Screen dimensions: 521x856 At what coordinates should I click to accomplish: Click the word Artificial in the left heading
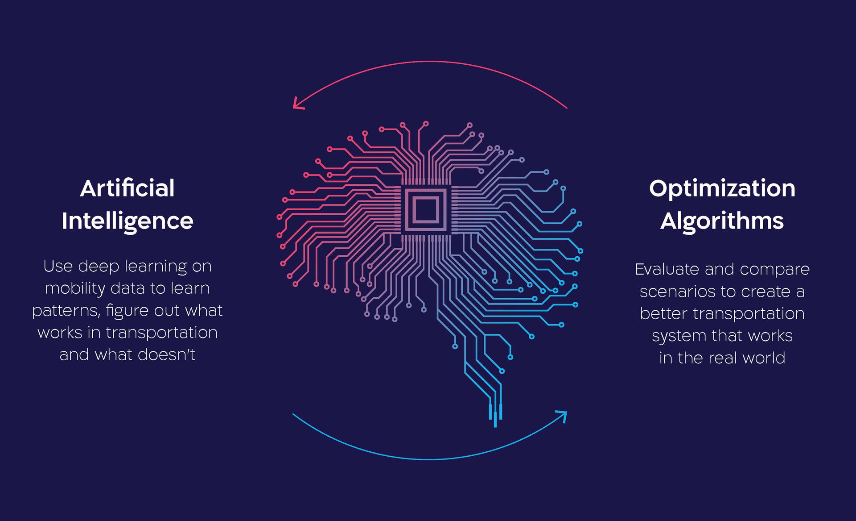(x=128, y=188)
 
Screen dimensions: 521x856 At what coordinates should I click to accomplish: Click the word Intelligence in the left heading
(x=128, y=221)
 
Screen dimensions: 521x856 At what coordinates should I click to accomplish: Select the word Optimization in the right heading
(x=722, y=188)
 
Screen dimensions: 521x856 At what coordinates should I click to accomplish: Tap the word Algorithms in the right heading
(x=722, y=221)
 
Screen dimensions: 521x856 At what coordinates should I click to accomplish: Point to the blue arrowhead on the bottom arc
(x=563, y=416)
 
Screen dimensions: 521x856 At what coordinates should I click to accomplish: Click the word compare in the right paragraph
(x=774, y=269)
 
